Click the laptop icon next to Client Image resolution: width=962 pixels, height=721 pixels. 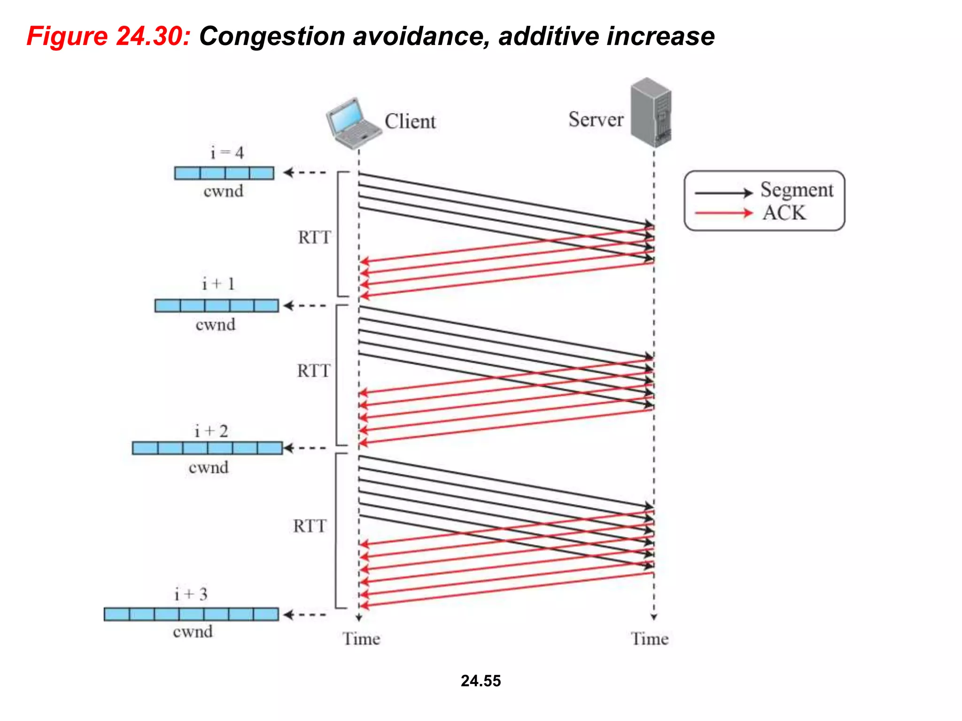tap(352, 123)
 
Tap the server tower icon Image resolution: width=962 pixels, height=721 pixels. tap(651, 113)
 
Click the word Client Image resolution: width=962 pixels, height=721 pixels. tap(410, 122)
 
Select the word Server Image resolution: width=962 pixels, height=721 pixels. tap(596, 120)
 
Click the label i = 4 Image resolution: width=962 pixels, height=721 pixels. tap(227, 153)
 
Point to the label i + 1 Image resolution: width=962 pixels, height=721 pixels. tap(218, 284)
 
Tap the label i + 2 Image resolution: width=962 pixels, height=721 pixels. tap(211, 431)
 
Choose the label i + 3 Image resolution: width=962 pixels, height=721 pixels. tap(191, 594)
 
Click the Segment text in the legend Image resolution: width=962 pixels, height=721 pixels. tap(797, 190)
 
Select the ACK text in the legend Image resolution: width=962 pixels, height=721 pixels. tap(784, 213)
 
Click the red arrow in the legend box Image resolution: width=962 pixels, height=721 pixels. tap(723, 214)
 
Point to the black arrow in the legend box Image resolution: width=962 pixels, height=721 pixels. tap(723, 193)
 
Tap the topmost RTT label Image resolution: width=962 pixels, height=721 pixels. tap(314, 238)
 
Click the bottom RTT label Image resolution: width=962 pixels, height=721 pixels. tap(310, 526)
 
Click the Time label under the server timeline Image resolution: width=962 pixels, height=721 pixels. tap(649, 639)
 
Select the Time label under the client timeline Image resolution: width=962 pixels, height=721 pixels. tap(361, 639)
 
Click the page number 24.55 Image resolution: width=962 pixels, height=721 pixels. tap(481, 681)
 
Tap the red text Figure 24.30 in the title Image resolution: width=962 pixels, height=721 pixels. tap(108, 36)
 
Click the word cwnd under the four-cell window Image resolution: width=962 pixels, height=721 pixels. tap(223, 192)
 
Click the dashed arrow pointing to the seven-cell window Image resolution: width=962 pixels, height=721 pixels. tap(305, 614)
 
